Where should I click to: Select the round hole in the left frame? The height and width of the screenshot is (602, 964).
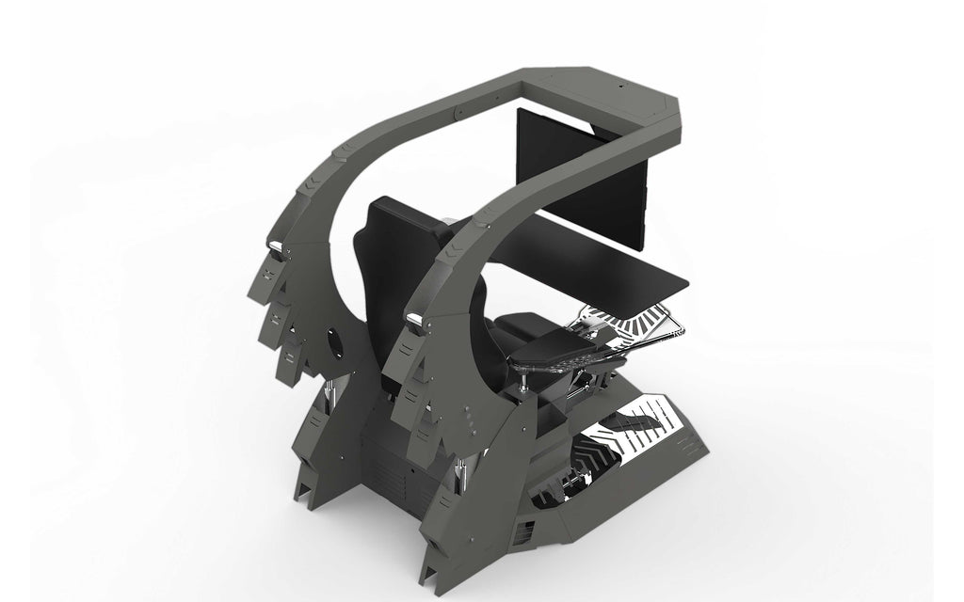(334, 338)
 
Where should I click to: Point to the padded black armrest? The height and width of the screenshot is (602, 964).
(555, 350)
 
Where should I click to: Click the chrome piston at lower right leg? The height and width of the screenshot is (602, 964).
(460, 474)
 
